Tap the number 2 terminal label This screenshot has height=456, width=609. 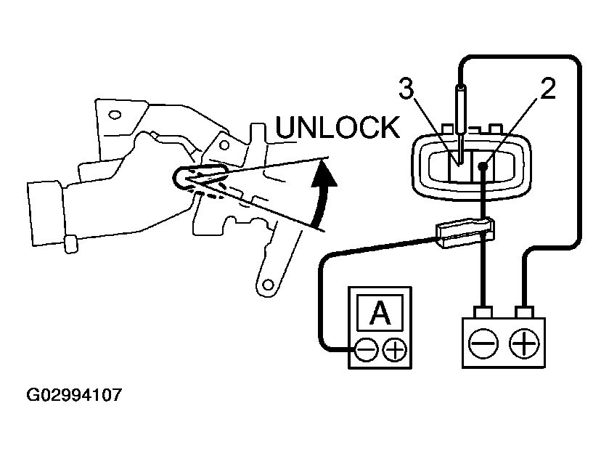click(547, 89)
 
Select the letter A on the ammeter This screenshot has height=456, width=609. click(378, 314)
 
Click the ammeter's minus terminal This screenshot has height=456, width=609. click(367, 351)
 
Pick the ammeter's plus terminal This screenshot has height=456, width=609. click(395, 351)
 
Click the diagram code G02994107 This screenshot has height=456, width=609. click(74, 396)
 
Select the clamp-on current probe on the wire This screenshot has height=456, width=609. click(465, 232)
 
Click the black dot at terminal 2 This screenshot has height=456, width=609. click(482, 166)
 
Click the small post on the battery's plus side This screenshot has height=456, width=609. click(523, 313)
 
